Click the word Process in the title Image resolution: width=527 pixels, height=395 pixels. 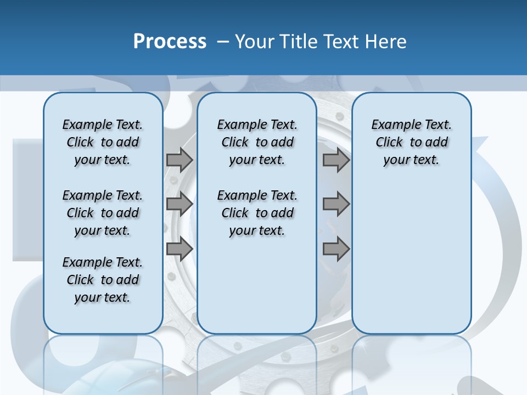[x=170, y=42]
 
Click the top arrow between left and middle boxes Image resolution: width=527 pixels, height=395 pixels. [x=180, y=160]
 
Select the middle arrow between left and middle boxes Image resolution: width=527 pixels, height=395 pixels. [x=180, y=204]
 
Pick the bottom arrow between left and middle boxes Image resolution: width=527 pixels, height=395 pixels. [x=180, y=249]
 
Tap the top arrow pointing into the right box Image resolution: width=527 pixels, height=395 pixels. [x=336, y=160]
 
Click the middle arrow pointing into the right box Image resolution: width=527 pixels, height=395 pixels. [x=336, y=204]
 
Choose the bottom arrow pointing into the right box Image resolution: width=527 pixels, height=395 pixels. [x=336, y=249]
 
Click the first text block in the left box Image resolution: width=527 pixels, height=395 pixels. [x=103, y=142]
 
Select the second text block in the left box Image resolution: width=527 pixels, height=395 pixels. [x=103, y=213]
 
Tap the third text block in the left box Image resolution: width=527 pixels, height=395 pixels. [x=103, y=280]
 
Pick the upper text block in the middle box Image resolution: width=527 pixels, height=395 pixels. [x=257, y=142]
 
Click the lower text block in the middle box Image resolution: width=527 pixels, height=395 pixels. [x=257, y=213]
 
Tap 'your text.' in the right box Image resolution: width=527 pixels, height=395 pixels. [x=411, y=160]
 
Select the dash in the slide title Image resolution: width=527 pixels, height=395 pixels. [x=223, y=42]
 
